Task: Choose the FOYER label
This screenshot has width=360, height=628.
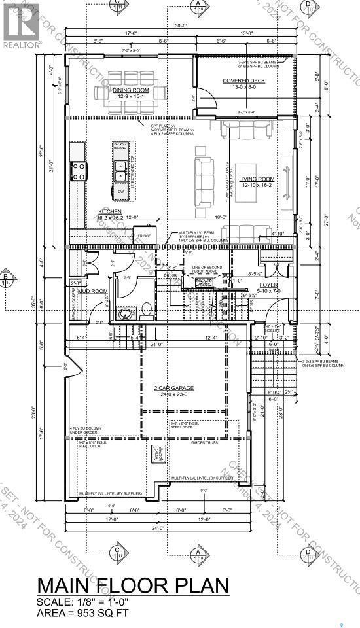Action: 269,285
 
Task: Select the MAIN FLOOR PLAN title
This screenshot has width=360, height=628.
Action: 133,584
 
